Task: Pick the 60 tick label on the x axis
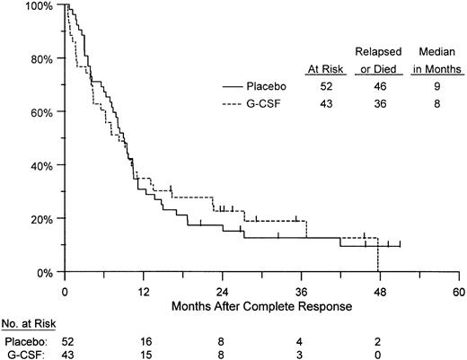click(x=459, y=293)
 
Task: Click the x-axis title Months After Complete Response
click(x=261, y=306)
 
